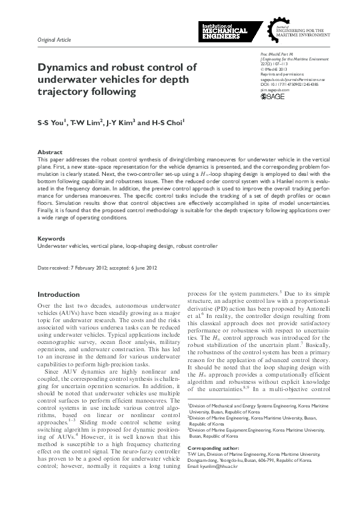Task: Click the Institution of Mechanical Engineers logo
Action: click(x=223, y=31)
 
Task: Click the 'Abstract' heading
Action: click(x=49, y=152)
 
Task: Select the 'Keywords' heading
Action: click(x=51, y=239)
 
